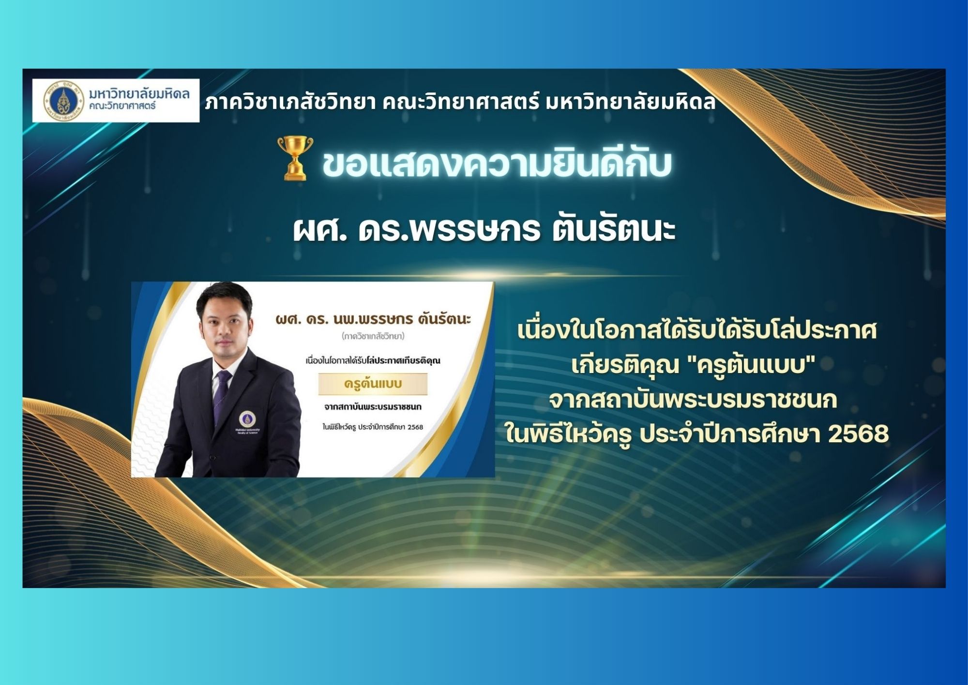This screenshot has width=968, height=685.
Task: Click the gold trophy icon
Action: click(295, 158)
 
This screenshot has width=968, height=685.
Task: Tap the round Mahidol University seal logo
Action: click(63, 101)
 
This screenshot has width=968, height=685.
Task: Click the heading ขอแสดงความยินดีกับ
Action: click(497, 163)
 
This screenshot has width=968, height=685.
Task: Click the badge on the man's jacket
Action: click(247, 419)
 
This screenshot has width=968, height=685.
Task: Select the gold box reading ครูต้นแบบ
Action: click(373, 384)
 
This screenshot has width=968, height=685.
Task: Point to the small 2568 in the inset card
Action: click(415, 427)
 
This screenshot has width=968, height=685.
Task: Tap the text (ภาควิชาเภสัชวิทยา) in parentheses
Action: click(373, 336)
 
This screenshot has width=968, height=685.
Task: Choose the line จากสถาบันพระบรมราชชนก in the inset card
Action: click(373, 406)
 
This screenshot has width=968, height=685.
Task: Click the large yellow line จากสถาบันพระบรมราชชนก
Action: click(693, 400)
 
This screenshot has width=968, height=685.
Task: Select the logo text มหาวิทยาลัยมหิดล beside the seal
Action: click(139, 93)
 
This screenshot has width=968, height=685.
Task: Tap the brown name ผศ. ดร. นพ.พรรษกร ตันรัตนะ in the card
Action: click(373, 319)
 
